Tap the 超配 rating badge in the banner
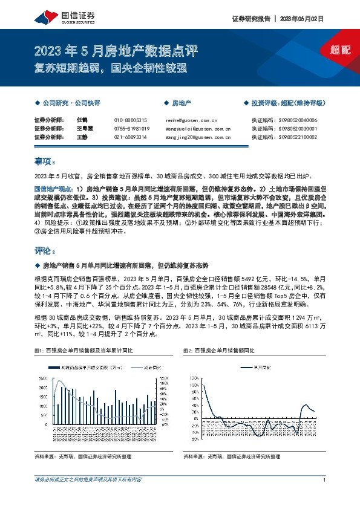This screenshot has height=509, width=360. pos(341,50)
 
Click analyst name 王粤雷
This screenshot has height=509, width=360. pos(85,129)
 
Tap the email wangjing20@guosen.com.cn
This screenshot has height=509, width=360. pos(197,137)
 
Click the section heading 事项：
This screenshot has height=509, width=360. pos(45,161)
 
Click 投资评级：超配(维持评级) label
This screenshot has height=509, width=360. pos(290,103)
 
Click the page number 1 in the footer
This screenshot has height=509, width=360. pos(325,481)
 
